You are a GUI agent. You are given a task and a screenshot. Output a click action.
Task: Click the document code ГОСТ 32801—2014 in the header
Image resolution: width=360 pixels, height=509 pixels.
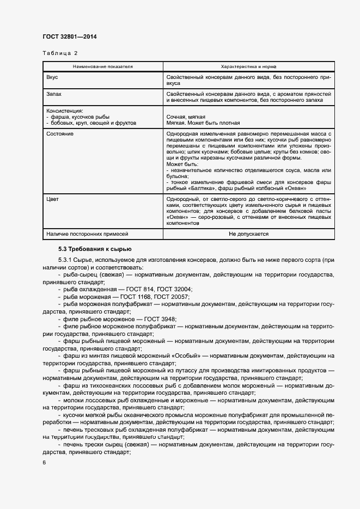click(x=69, y=37)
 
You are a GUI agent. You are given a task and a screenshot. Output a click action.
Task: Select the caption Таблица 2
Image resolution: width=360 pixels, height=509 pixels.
click(x=60, y=53)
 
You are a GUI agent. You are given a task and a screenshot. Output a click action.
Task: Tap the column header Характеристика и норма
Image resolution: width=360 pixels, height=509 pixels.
click(x=248, y=66)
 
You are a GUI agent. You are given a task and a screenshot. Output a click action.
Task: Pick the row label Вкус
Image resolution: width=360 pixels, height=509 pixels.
click(x=52, y=78)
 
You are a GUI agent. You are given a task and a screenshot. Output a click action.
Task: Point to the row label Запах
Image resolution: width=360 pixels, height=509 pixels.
click(x=54, y=94)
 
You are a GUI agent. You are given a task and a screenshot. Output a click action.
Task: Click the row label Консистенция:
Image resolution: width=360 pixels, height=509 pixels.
click(x=65, y=111)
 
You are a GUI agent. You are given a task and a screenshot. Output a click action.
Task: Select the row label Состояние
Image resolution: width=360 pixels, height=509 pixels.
click(x=60, y=133)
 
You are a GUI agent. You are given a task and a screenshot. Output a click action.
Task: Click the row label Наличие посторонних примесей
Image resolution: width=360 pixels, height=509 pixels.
click(x=87, y=234)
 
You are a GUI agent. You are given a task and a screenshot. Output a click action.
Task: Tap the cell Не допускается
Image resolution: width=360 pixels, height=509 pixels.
click(x=248, y=234)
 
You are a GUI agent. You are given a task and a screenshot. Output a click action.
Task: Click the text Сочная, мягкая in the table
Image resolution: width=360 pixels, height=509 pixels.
click(x=187, y=117)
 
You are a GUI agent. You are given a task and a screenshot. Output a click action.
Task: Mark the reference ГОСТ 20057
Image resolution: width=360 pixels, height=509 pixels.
click(x=172, y=297)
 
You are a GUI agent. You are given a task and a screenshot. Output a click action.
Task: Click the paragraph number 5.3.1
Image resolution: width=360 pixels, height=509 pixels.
click(x=66, y=260)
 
